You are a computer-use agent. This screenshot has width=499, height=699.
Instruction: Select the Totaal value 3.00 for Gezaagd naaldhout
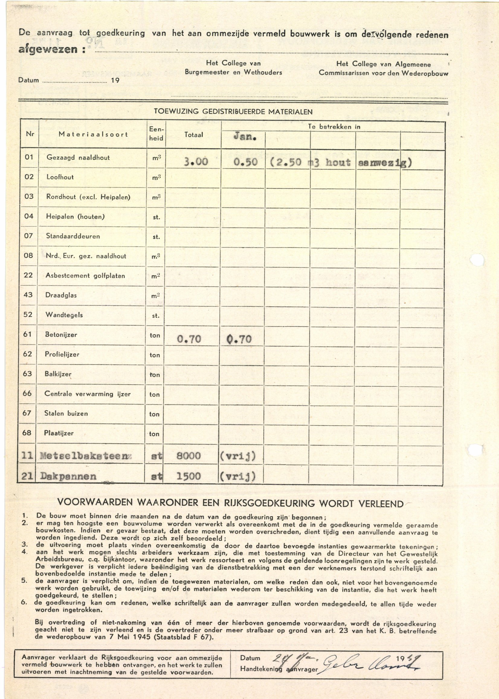(196, 162)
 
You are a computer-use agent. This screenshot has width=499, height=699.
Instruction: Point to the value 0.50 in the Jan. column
(245, 162)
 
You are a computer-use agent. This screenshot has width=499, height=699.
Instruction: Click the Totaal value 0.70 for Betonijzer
(189, 339)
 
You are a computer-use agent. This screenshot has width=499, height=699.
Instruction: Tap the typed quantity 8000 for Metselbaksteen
(189, 456)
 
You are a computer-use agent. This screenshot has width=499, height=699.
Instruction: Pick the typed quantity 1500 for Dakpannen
(189, 476)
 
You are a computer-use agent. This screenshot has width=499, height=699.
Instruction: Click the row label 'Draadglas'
(61, 295)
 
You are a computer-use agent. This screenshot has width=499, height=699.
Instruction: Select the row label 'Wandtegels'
(64, 315)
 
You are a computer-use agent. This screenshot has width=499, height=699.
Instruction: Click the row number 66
(27, 393)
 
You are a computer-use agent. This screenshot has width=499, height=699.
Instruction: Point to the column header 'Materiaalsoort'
(93, 134)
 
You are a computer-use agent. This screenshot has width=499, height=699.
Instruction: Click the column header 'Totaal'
(194, 135)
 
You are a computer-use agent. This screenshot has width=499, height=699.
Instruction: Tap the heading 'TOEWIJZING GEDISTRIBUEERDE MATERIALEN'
(233, 112)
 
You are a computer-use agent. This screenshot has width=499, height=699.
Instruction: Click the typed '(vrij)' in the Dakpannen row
(237, 476)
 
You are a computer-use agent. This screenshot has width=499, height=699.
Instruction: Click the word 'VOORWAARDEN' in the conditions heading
(95, 503)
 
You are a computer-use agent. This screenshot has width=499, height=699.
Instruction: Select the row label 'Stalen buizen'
(66, 413)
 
